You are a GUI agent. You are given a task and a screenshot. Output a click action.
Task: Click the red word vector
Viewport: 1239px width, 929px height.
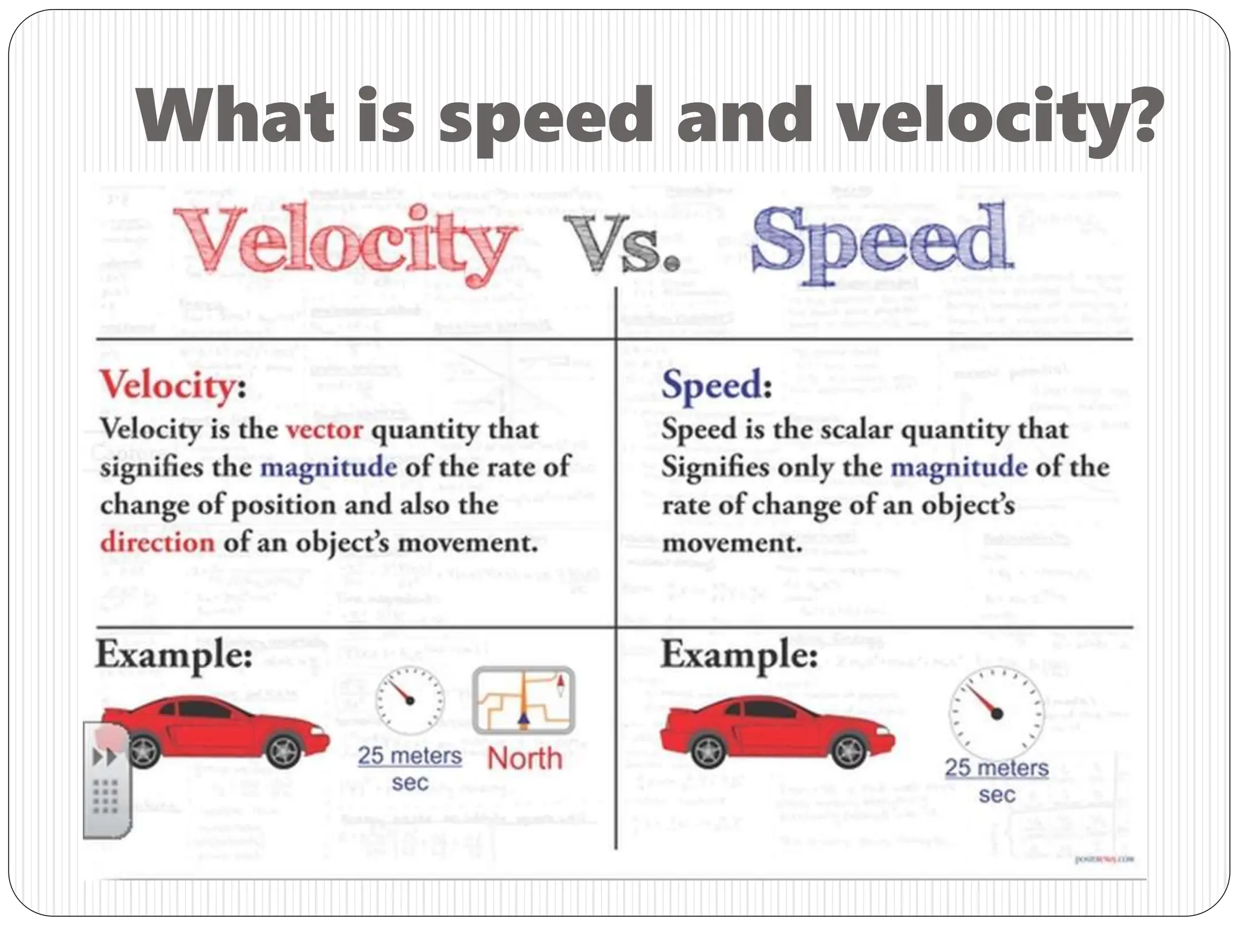click(324, 430)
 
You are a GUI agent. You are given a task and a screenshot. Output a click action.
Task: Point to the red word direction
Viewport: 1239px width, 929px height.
click(157, 542)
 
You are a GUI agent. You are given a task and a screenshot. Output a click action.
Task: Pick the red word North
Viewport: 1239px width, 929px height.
click(525, 758)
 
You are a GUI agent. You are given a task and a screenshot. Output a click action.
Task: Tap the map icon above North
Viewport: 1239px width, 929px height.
click(524, 700)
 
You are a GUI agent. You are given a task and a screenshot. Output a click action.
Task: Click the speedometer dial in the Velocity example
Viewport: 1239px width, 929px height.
click(410, 700)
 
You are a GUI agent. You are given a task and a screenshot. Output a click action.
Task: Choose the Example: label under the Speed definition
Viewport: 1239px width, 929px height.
click(739, 655)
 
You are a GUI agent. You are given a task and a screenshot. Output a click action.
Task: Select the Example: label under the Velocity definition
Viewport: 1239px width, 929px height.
click(174, 655)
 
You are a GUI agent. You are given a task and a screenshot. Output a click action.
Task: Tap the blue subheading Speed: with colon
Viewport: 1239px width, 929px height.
click(716, 385)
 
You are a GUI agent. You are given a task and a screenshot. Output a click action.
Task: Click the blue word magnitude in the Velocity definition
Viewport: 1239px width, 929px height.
click(329, 468)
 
